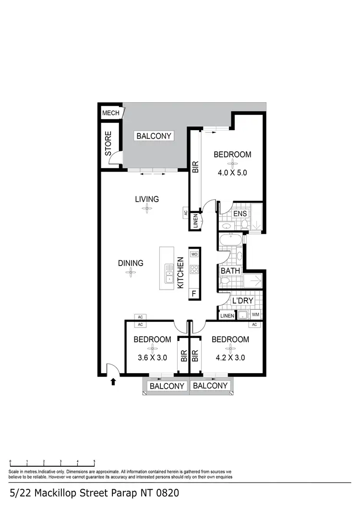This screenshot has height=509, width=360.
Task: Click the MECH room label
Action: coord(110,113)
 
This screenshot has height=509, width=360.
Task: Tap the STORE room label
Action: coord(108,143)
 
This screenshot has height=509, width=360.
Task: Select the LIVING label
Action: coord(146,199)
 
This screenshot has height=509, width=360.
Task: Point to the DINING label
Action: coord(131,263)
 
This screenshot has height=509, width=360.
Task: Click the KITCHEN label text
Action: coord(181,273)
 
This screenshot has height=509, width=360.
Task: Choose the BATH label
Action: coord(230,271)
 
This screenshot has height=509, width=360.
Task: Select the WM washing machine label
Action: coord(255,315)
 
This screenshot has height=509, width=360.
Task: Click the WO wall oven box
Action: coord(194,254)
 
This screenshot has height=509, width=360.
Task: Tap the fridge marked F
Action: coord(194,292)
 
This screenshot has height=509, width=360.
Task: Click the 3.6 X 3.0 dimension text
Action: coord(152,357)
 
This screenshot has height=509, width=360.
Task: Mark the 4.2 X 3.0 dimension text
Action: coord(230,357)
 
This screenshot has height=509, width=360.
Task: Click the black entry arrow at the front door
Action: coord(113,382)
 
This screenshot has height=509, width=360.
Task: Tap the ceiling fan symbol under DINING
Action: coord(131,273)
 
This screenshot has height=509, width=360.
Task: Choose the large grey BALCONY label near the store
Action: coord(154,136)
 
